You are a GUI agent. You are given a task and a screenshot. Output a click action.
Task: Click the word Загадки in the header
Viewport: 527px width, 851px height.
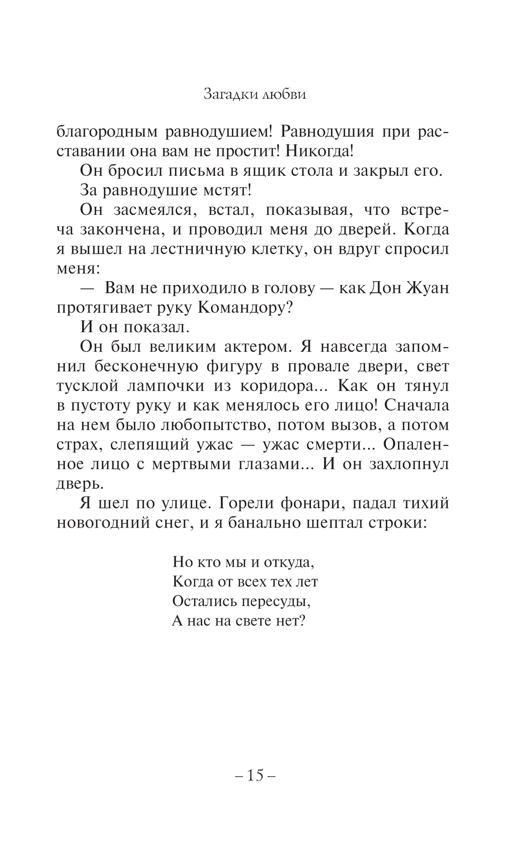(223, 95)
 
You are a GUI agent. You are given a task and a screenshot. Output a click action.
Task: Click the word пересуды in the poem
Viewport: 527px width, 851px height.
(275, 601)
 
